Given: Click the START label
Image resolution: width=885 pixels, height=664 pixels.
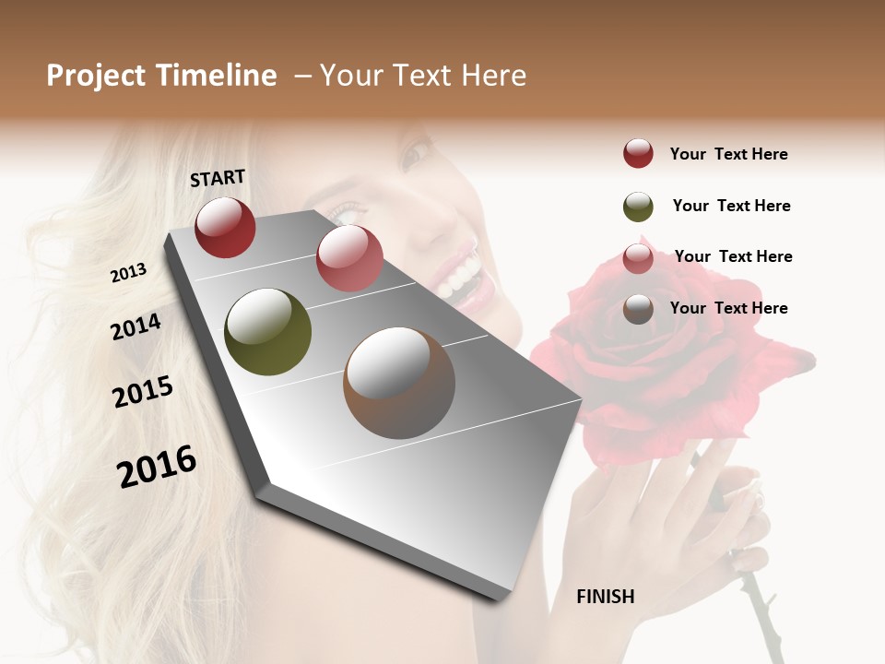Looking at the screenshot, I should click(218, 178).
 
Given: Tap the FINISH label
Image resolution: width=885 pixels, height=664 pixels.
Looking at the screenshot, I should click(606, 597).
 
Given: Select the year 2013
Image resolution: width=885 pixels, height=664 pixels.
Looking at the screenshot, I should click(128, 272).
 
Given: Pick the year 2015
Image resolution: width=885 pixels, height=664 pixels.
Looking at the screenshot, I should click(143, 392).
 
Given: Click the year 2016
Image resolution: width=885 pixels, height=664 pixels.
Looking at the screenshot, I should click(157, 466).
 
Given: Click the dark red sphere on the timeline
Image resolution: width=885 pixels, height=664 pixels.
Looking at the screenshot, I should click(225, 227).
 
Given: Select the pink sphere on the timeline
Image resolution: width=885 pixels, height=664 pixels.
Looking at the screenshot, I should click(349, 258).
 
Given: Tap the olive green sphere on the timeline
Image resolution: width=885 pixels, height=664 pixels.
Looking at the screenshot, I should click(267, 332).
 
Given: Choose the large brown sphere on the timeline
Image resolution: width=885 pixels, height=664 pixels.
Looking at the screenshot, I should click(399, 383).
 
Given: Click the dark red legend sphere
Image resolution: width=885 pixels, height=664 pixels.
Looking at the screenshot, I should click(638, 153).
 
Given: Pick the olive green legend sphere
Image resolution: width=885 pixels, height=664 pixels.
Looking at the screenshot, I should click(638, 207).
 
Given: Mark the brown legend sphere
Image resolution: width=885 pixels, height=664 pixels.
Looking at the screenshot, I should click(638, 309).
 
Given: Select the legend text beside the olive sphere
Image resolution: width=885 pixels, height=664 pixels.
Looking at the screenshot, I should click(731, 206).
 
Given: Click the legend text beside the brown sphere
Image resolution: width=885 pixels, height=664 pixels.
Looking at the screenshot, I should click(728, 308).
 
